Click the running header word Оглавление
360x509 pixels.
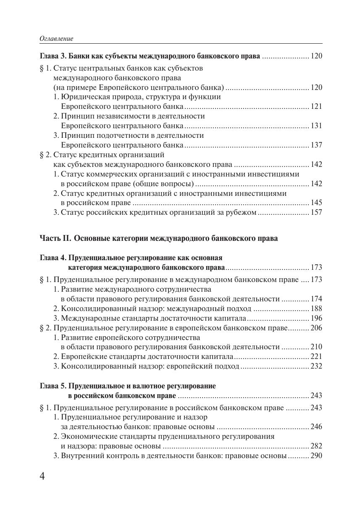(56, 39)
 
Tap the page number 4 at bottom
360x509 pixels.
(42, 476)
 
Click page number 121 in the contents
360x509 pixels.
(316, 106)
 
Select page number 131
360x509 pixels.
(316, 126)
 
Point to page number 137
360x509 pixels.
(316, 145)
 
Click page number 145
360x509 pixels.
(316, 203)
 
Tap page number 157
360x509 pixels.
(316, 212)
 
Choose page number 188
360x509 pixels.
(316, 309)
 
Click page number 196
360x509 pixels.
(316, 318)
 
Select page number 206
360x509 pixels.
(316, 328)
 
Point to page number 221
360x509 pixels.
(316, 356)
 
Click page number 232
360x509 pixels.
(316, 366)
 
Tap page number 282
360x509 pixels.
(316, 446)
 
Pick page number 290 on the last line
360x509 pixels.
(316, 456)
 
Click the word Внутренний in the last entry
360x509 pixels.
(82, 456)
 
